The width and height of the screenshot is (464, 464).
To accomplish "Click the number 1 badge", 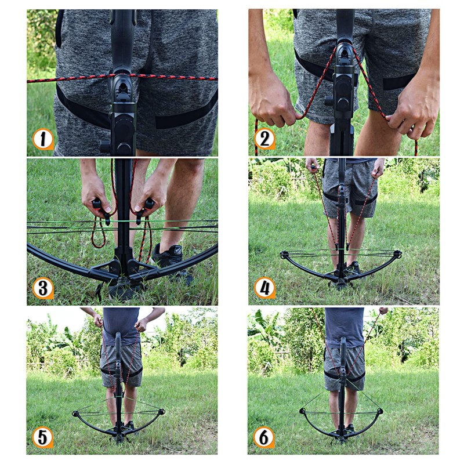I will [x=43, y=139].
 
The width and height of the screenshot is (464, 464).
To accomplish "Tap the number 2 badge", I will [x=264, y=139].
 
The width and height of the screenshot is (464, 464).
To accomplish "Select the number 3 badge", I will [x=43, y=288].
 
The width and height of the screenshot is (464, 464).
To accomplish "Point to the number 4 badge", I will [x=264, y=288].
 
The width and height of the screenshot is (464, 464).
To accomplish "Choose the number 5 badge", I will [x=43, y=437].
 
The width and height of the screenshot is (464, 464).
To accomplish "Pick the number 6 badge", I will [x=264, y=437].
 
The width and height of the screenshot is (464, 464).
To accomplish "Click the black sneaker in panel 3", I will [x=172, y=258].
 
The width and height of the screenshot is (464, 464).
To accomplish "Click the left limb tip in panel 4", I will [x=284, y=255].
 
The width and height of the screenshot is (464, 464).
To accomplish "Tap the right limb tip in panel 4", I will [x=398, y=253].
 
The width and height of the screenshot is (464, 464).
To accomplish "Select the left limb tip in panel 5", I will [x=76, y=414].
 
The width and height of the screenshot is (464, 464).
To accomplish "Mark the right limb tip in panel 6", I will [x=380, y=411].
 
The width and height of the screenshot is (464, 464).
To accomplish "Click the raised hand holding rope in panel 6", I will [x=383, y=311].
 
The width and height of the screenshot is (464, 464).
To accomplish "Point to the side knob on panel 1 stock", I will [x=105, y=146].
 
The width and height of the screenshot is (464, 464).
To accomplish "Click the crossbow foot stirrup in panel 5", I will [x=119, y=436].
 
